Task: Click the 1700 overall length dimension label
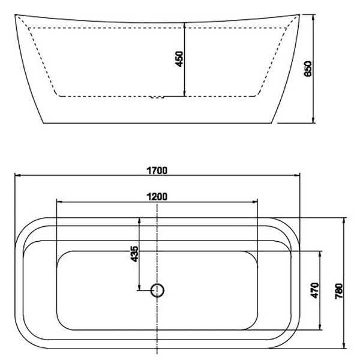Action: [x=157, y=170]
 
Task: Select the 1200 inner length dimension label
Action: [x=157, y=197]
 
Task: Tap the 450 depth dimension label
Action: [x=179, y=59]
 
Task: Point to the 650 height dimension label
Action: [x=308, y=68]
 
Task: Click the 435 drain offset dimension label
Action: [x=134, y=254]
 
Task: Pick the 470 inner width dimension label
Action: [x=314, y=290]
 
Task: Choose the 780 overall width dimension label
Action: [x=338, y=291]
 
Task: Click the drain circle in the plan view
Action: [x=157, y=290]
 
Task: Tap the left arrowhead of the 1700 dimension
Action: [x=17, y=175]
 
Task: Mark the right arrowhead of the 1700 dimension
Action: [x=297, y=175]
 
